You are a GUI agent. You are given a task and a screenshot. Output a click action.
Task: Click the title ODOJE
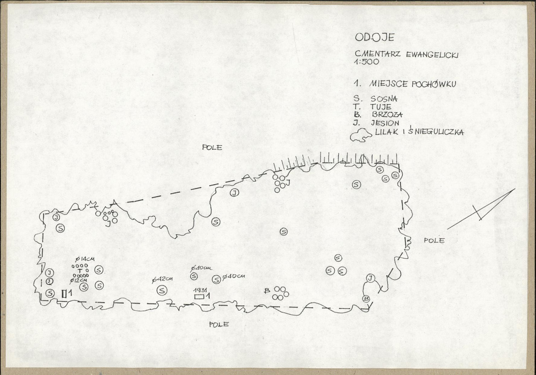[374, 37]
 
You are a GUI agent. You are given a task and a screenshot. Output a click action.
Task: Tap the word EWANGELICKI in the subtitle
[432, 55]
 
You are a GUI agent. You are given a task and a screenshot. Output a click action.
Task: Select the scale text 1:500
[367, 62]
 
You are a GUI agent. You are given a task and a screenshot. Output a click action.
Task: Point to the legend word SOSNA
[384, 99]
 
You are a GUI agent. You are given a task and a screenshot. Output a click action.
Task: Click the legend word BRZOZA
[387, 115]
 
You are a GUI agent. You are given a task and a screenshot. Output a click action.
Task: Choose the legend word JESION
[385, 123]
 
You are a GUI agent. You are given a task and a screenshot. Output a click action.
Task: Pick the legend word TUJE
[380, 107]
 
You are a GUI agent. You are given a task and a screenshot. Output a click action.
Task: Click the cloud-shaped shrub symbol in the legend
[361, 135]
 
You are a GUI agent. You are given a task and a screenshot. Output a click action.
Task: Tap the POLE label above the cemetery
[212, 147]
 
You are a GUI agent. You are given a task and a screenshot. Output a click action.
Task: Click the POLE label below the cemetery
[219, 324]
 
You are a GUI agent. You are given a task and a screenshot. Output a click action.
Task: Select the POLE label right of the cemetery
[434, 240]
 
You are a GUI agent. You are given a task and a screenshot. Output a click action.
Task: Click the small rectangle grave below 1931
[199, 296]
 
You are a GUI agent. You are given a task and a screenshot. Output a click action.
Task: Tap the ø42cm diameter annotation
[162, 279]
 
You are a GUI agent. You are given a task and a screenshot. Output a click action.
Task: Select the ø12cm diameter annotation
[78, 281]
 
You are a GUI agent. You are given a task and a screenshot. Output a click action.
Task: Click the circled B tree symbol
[366, 299]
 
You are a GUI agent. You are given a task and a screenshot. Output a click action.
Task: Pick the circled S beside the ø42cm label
[162, 291]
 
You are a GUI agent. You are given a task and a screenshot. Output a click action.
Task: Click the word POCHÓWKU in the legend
[434, 84]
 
